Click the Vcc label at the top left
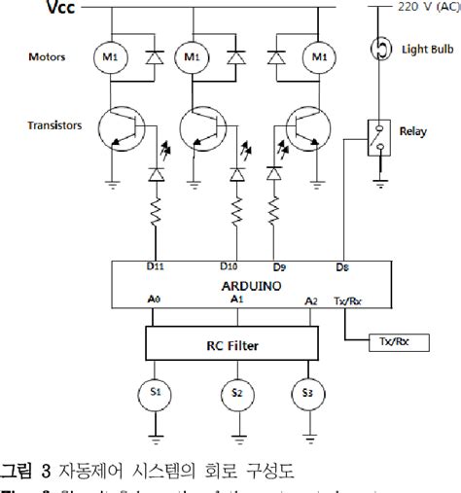tap(57, 12)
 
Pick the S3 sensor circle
tap(307, 392)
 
